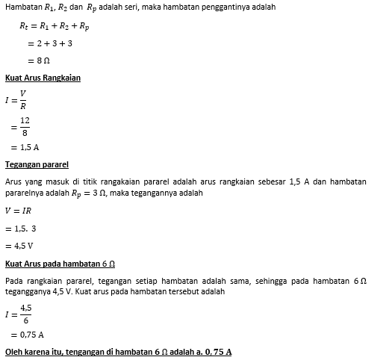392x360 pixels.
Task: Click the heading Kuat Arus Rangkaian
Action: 43,78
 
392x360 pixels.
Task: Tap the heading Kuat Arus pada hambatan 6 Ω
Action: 60,264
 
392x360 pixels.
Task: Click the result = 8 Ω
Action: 38,60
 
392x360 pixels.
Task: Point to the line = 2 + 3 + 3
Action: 48,43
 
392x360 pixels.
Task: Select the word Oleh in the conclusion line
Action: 13,351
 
